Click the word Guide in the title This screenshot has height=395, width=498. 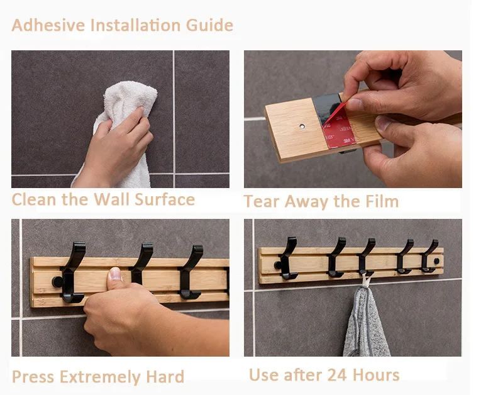click(209, 25)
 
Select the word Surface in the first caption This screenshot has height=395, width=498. click(165, 200)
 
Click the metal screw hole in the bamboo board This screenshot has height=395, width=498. click(302, 126)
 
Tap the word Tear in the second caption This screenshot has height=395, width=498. click(262, 201)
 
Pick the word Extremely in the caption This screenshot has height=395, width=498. click(100, 377)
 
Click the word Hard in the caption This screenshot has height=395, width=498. click(165, 377)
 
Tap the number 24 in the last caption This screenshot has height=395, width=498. click(336, 375)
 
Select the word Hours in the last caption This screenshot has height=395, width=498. click(376, 375)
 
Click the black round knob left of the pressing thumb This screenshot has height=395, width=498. click(57, 282)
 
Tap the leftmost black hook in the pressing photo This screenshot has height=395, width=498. click(73, 272)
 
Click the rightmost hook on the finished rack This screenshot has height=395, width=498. click(429, 256)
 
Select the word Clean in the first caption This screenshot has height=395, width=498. click(34, 200)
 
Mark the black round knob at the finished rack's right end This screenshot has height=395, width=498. click(437, 261)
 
